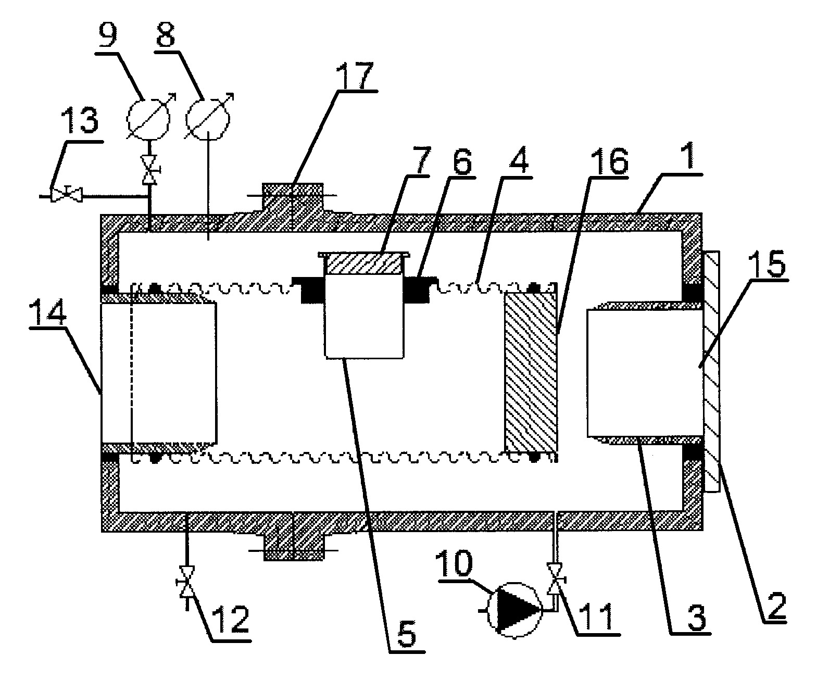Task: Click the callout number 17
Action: pos(355,75)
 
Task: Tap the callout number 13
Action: pos(79,120)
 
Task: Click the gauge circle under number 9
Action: pos(148,118)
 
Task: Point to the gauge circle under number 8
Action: pos(208,118)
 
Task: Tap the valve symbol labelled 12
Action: pos(186,582)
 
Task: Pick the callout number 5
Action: pos(406,634)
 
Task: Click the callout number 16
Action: pos(609,161)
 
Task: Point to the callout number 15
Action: pos(767,263)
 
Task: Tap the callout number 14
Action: pos(48,312)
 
